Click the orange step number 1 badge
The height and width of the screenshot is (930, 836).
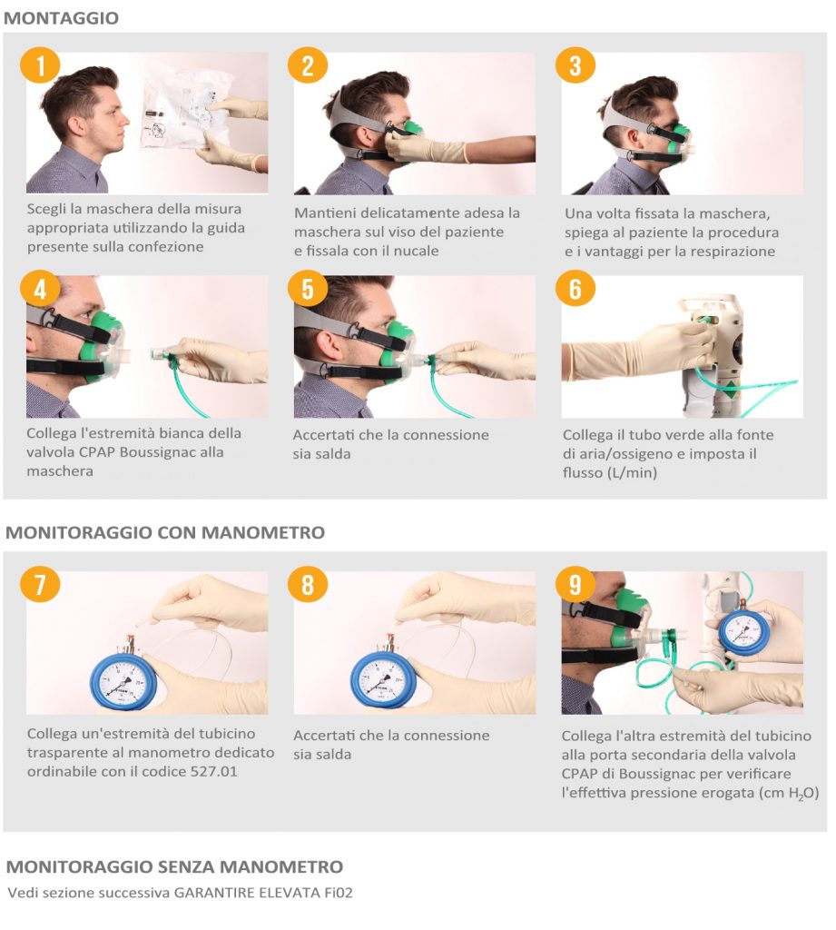[40, 65]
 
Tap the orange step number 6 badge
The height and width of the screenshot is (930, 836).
[575, 289]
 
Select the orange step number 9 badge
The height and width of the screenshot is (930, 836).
[575, 585]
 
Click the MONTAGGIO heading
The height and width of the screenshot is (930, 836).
[61, 18]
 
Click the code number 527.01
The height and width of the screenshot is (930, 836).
[213, 772]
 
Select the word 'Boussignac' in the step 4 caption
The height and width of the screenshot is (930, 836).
[154, 452]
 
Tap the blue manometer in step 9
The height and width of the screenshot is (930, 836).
[744, 632]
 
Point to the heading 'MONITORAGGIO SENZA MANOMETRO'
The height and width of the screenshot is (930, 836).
[174, 866]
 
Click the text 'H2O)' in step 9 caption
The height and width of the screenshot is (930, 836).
[804, 794]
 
